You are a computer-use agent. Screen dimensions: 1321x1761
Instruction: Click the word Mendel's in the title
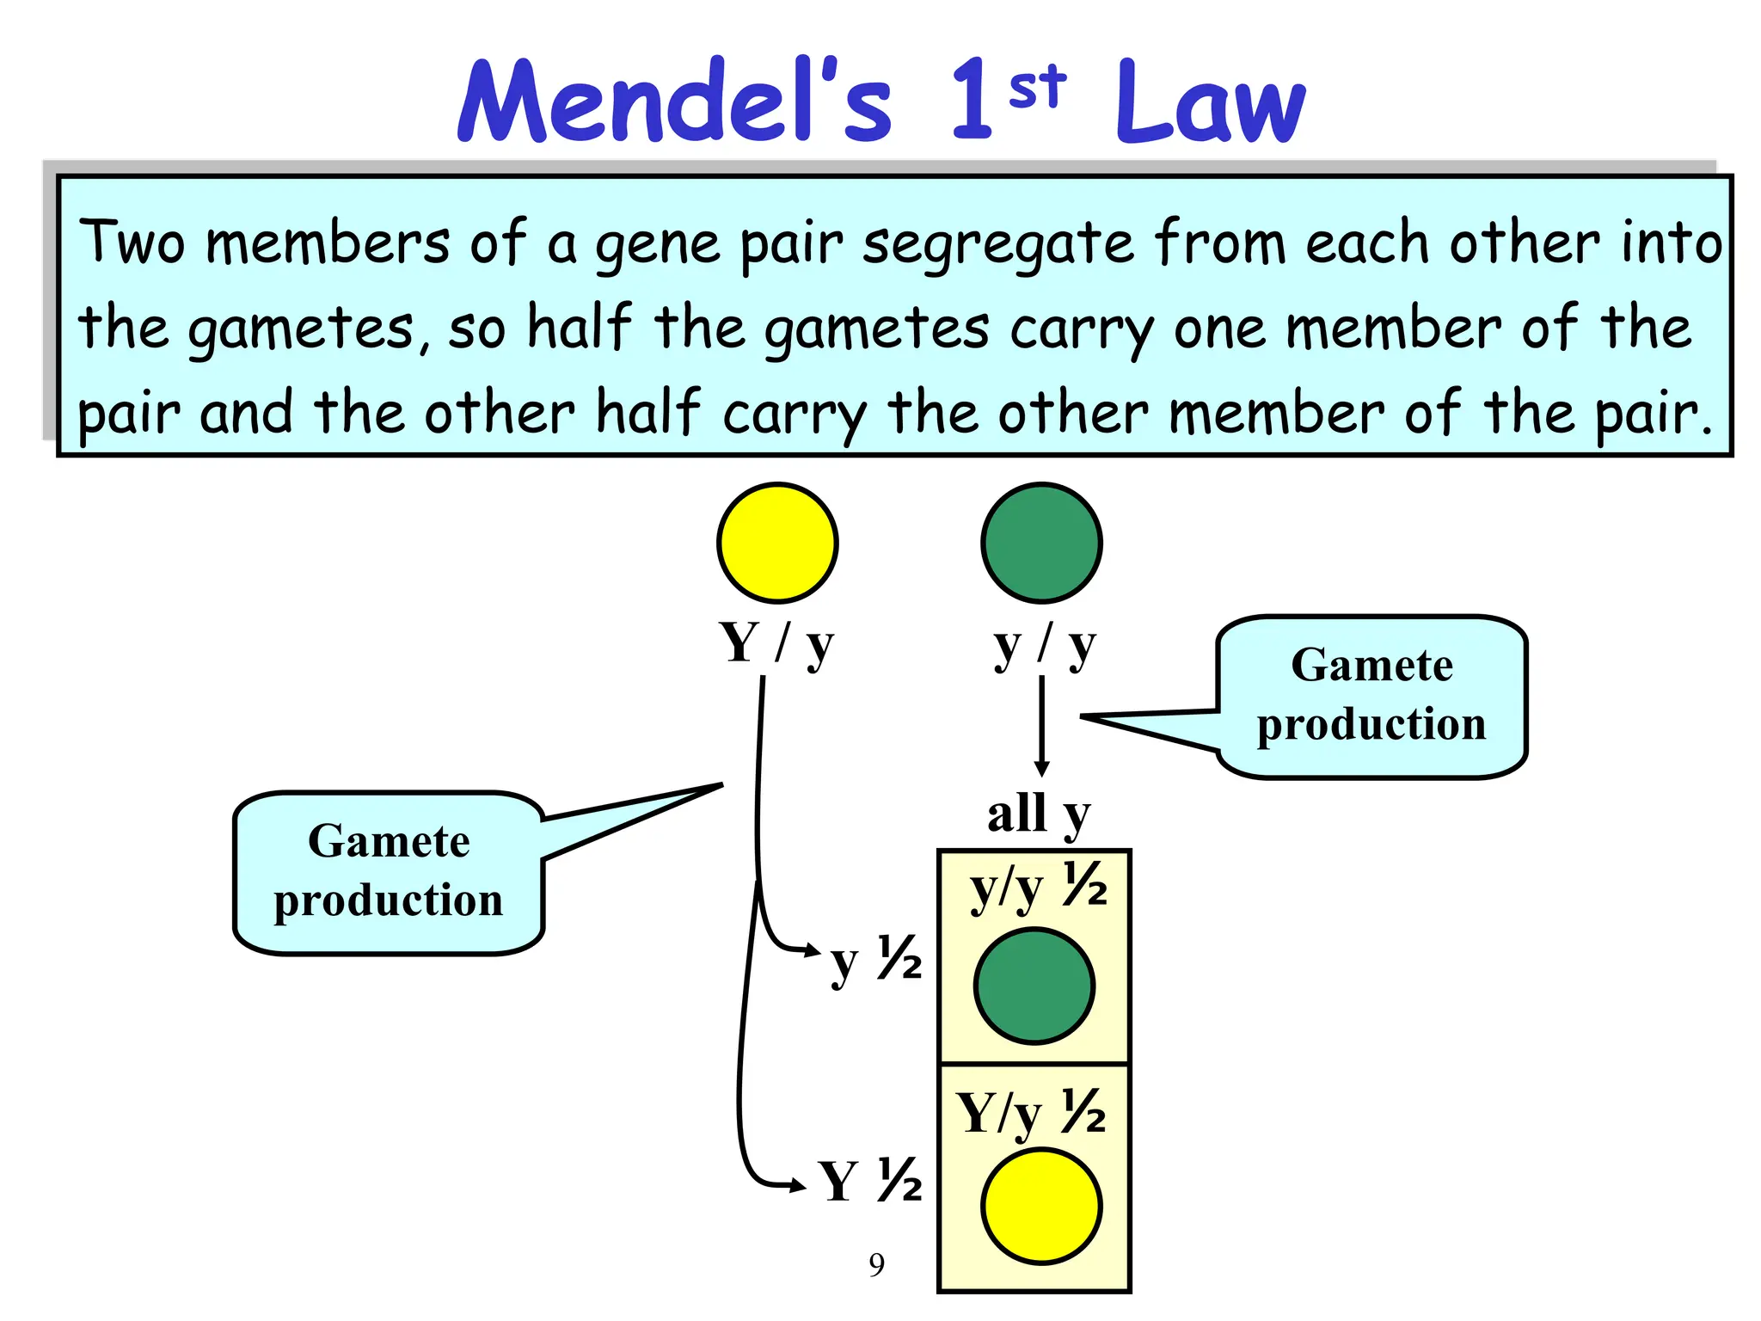(x=675, y=101)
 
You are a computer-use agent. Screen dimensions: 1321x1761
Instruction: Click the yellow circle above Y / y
(x=777, y=543)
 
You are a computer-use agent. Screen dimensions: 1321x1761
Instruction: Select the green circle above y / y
(x=1041, y=543)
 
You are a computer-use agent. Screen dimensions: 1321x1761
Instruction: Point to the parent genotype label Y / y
(x=776, y=645)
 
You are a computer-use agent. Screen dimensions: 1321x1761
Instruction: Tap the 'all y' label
(x=1038, y=814)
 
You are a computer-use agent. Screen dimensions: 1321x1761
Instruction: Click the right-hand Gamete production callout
(x=1371, y=696)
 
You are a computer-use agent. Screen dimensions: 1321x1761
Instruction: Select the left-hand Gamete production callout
(x=389, y=871)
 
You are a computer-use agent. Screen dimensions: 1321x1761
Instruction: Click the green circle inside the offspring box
(x=1034, y=986)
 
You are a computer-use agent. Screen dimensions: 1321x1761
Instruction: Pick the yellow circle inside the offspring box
(x=1041, y=1206)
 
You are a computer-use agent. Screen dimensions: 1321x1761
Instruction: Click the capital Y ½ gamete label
(x=870, y=1181)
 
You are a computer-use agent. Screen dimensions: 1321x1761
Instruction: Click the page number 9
(x=876, y=1264)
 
